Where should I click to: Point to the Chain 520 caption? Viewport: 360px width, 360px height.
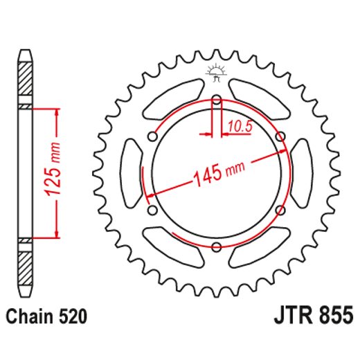46,317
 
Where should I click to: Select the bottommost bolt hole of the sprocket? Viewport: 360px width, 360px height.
216,246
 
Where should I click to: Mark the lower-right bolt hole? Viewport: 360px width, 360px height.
280,210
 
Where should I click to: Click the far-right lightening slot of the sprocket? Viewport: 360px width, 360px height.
302,173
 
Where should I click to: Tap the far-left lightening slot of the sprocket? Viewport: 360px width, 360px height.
129,173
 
